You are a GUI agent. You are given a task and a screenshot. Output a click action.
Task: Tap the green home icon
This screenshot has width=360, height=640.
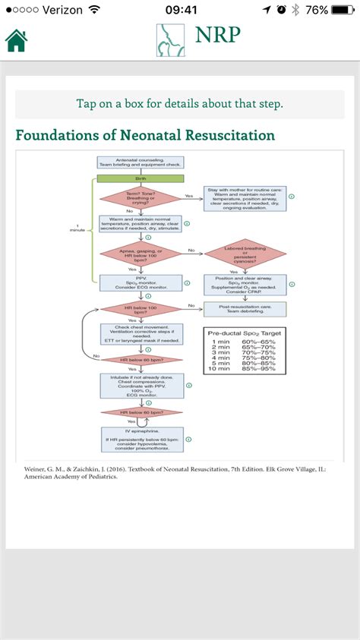coord(17,40)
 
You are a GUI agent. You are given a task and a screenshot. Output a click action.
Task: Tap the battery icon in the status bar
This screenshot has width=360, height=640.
coord(343,10)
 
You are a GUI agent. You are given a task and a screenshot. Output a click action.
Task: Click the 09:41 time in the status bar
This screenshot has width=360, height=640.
coord(180,10)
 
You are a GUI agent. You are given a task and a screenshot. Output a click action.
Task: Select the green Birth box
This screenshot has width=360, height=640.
coord(140,179)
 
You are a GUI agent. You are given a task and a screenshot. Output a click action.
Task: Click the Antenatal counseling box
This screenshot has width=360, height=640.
coord(140,163)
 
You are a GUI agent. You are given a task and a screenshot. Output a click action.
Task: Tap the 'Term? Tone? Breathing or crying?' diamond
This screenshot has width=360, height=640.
coord(140,197)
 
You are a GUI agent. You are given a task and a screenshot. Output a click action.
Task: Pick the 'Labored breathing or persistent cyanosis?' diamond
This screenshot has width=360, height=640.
coord(245,254)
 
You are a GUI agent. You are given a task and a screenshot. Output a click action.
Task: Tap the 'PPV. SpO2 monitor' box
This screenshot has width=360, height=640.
coord(140,283)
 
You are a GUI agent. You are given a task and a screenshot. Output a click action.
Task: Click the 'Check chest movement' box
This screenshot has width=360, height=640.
coord(141,335)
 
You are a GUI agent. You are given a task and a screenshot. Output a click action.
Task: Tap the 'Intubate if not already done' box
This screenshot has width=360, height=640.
coord(141,385)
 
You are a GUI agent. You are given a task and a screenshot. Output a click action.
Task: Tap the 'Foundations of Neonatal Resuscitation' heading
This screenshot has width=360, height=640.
coord(145,136)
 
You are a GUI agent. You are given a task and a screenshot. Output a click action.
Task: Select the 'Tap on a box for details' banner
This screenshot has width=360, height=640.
coord(180,104)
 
